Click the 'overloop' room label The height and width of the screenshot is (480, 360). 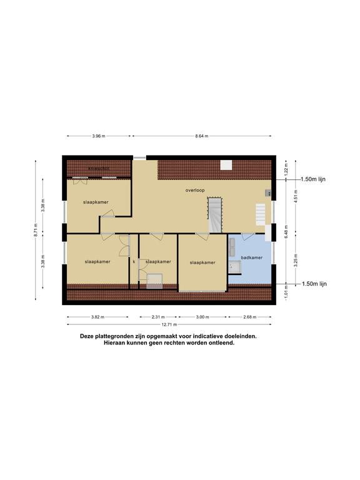[x=195, y=189]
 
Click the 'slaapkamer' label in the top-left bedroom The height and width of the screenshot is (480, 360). [x=96, y=202]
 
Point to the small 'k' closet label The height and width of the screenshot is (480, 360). [x=134, y=262]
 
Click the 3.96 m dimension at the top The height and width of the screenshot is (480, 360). [x=98, y=136]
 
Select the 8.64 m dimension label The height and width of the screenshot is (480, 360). [x=201, y=136]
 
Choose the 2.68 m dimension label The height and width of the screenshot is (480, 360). [x=249, y=317]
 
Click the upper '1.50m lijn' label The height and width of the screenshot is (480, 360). [x=313, y=179]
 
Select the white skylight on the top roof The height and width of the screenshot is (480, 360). [x=226, y=166]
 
